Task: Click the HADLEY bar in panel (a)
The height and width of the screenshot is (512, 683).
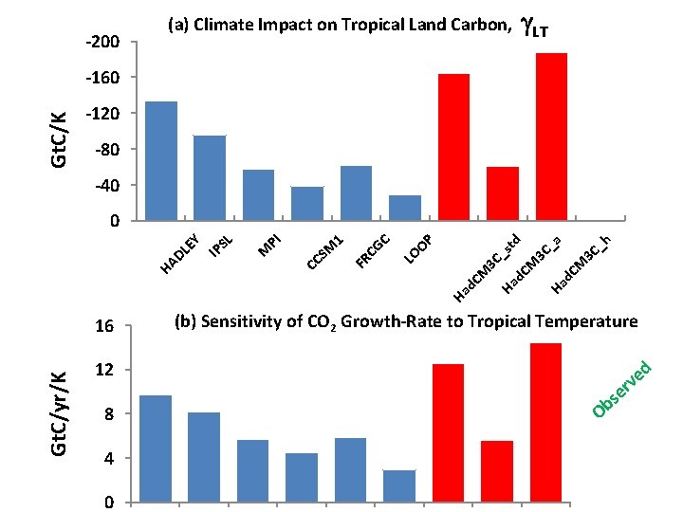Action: (x=160, y=161)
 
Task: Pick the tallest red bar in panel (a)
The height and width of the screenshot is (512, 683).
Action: (x=551, y=137)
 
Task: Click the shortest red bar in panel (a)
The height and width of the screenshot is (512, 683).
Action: (x=503, y=193)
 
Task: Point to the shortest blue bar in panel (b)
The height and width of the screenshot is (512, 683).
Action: (x=399, y=485)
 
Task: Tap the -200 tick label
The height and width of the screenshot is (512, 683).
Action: (x=102, y=42)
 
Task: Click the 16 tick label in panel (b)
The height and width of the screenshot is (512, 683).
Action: (x=105, y=327)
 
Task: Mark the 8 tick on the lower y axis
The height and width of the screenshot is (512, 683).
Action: (x=110, y=414)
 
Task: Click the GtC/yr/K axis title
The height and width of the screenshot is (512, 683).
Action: (x=58, y=413)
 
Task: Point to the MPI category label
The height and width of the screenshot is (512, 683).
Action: (x=271, y=244)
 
